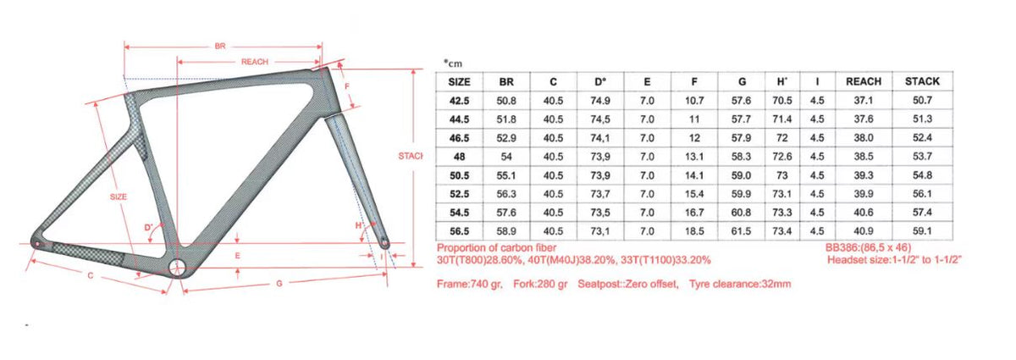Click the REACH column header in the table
click(x=864, y=82)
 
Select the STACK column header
click(x=922, y=82)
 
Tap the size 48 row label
click(x=460, y=157)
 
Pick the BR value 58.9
click(x=507, y=230)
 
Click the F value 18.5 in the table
click(x=694, y=230)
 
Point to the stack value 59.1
click(x=922, y=230)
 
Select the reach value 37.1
click(x=864, y=101)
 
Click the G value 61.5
click(x=742, y=230)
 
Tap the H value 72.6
click(x=782, y=157)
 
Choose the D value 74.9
click(x=599, y=101)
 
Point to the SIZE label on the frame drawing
click(x=119, y=197)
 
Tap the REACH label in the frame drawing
click(x=256, y=62)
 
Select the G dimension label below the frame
click(x=279, y=284)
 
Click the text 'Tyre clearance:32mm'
click(x=740, y=284)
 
